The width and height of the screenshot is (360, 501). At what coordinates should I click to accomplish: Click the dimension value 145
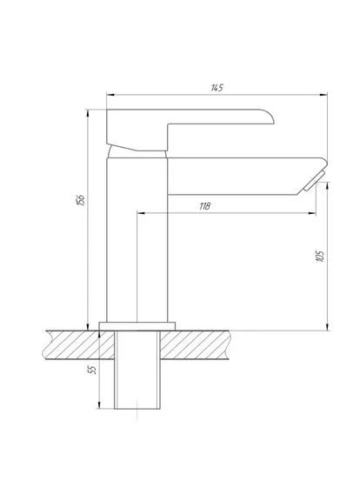coord(217,88)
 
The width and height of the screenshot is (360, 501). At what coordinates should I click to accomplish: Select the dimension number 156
coord(81,200)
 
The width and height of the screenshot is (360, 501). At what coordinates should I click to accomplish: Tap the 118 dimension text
coord(204,206)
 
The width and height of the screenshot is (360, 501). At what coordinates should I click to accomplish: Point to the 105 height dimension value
coord(320,257)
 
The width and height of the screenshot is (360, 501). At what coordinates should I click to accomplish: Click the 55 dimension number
coord(91,370)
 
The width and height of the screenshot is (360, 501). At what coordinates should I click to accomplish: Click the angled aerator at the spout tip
coord(314,181)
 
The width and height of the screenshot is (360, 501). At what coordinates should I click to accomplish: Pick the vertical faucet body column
coord(137,240)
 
